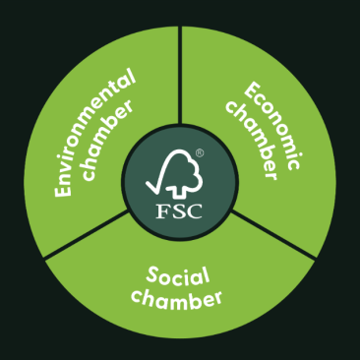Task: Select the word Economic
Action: pos(262,123)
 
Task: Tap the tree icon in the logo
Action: pos(185,175)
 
